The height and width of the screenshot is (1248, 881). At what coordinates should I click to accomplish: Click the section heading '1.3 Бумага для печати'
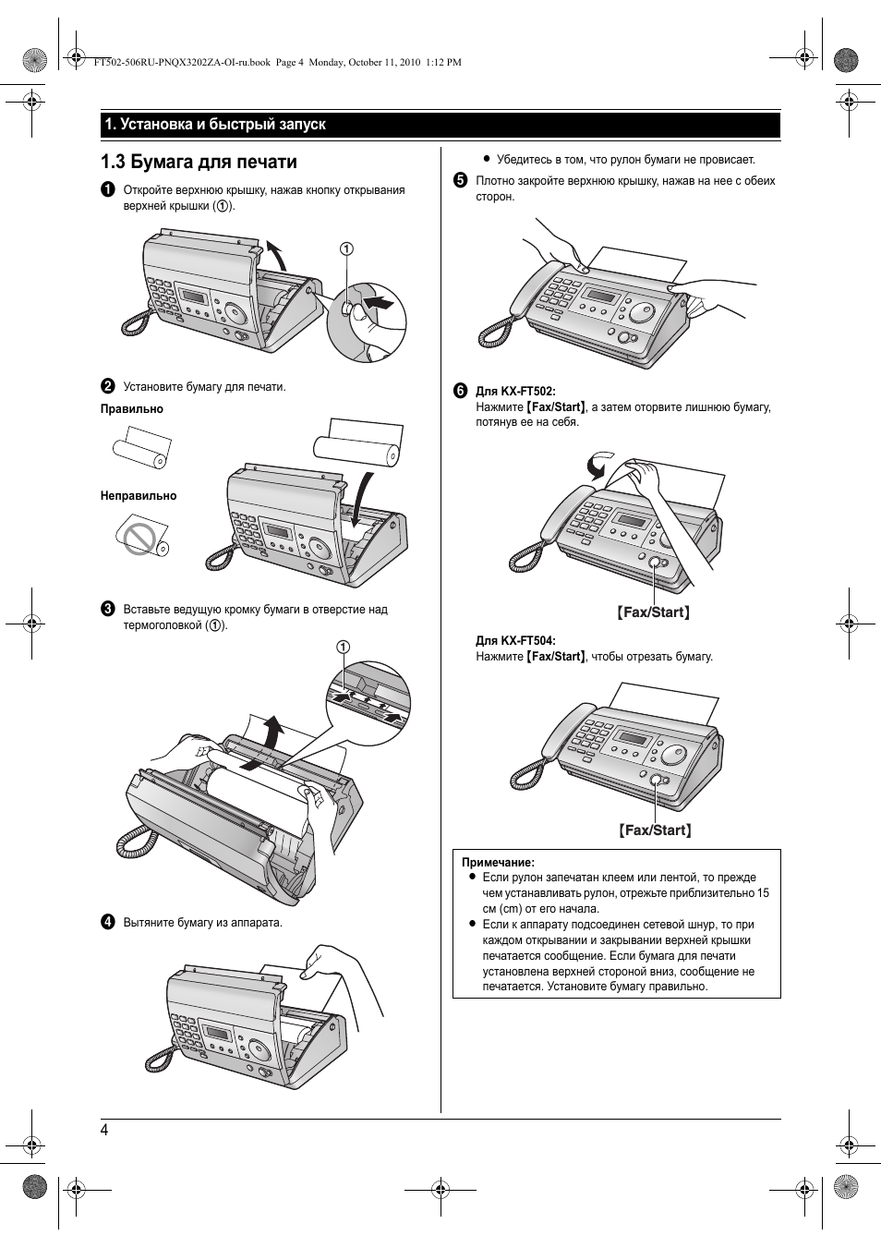click(x=199, y=163)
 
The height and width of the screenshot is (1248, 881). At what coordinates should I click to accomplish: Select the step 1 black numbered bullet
click(x=108, y=190)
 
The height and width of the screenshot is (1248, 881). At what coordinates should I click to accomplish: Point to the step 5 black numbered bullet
click(x=460, y=181)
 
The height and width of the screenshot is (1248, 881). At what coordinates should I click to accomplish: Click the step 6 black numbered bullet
click(x=460, y=391)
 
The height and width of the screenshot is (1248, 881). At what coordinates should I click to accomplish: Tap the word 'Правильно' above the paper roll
click(x=132, y=409)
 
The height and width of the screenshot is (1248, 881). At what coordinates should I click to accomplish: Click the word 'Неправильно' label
click(x=139, y=496)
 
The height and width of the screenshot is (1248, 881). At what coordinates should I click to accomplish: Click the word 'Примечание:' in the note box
click(x=498, y=862)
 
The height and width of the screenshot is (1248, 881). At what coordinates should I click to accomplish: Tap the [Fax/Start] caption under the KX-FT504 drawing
click(x=655, y=830)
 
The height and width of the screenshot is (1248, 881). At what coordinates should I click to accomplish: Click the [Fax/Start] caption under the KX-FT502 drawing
click(x=654, y=612)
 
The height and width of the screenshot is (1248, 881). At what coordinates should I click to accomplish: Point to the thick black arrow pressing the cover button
click(x=379, y=302)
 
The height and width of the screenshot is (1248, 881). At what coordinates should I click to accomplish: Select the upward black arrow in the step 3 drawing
click(x=272, y=733)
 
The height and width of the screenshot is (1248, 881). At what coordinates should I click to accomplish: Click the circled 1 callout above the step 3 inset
click(x=343, y=646)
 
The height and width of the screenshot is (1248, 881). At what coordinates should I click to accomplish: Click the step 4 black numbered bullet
click(x=108, y=922)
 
